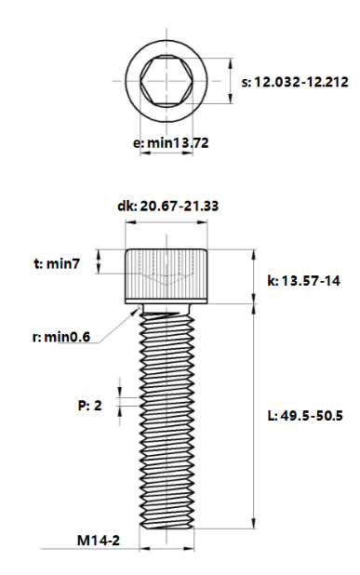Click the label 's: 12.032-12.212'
[294, 82]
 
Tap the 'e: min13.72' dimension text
[170, 143]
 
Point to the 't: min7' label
[57, 264]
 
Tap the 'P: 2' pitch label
[89, 406]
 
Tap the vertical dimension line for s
[231, 82]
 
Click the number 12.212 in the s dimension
[323, 82]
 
